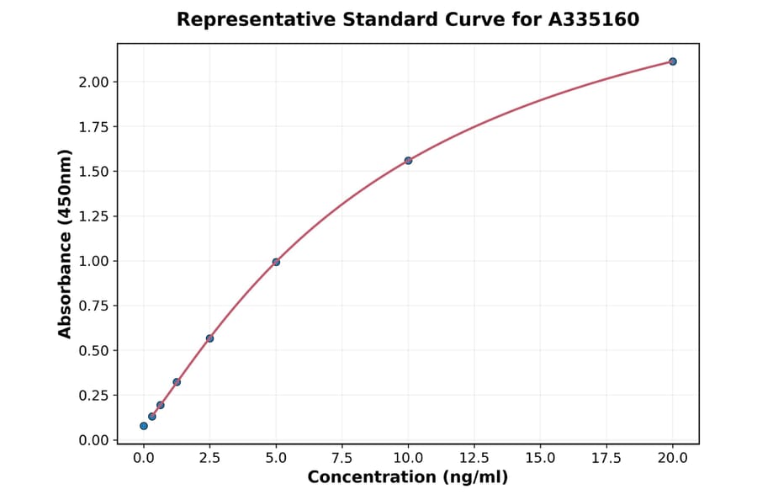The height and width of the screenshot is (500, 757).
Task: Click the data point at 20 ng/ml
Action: (673, 61)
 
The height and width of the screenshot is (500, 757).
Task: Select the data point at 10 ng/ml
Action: (408, 160)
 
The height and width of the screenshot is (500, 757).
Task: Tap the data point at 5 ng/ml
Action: (276, 262)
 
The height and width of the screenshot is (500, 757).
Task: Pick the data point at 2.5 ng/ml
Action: (209, 338)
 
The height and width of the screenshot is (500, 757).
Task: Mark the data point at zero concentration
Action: (144, 426)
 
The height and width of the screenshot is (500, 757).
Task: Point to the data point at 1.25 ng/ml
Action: (177, 382)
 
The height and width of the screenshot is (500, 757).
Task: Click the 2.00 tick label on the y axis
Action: (93, 82)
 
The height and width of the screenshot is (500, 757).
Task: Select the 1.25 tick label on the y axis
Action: (93, 216)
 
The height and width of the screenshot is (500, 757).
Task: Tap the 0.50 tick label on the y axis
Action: (93, 350)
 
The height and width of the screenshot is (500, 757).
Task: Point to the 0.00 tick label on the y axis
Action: (93, 440)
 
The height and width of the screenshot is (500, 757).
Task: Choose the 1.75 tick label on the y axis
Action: (93, 127)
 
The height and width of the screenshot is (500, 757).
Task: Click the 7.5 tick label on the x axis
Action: (342, 458)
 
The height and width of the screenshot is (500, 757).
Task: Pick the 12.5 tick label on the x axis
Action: (474, 458)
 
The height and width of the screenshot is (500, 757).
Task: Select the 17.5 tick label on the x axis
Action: (606, 458)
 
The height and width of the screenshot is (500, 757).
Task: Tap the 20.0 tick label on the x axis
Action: (673, 458)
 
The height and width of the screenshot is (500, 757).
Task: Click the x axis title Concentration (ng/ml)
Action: (408, 478)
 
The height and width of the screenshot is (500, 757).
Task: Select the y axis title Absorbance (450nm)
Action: (66, 243)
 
